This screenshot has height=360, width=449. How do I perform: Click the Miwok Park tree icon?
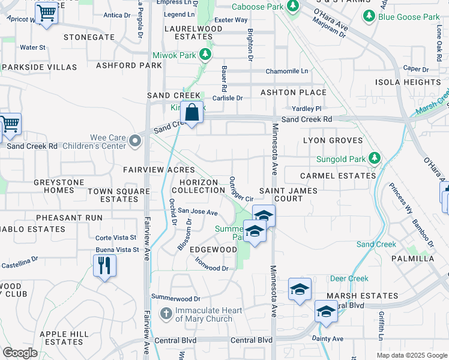(x=206, y=55)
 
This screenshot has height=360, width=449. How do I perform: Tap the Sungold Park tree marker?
(x=375, y=159)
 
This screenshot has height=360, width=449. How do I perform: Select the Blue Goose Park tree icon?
(x=370, y=17)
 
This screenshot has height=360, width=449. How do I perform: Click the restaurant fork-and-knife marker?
(x=105, y=265)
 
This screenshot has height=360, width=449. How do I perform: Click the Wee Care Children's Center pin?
(x=136, y=142)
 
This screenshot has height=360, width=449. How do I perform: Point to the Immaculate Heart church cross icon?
(x=166, y=314)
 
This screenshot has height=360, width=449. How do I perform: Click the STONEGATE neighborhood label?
(x=90, y=37)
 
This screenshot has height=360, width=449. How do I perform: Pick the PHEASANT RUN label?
(x=69, y=218)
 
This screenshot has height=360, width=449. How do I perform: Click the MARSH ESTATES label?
(x=362, y=296)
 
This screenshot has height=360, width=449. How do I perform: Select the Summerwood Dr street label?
(x=175, y=298)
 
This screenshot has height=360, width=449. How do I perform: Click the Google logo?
(x=20, y=353)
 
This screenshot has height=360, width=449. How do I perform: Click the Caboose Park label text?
(x=257, y=7)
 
